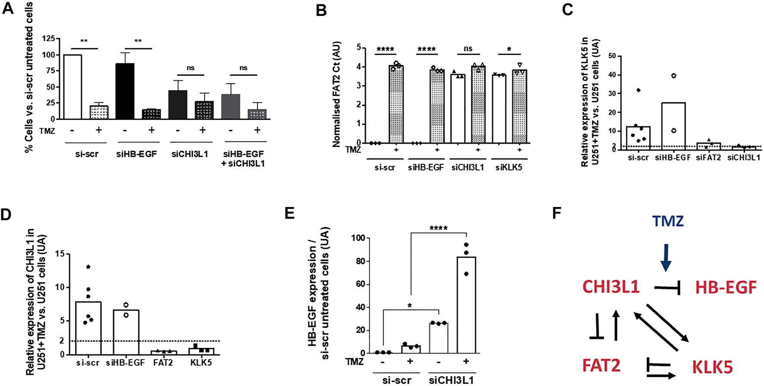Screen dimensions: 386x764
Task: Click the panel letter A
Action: (8, 8)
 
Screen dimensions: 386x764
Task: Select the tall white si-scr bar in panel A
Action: (72, 87)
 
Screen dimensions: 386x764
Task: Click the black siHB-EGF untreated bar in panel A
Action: (125, 91)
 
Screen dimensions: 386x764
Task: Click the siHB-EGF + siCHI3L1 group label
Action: (243, 158)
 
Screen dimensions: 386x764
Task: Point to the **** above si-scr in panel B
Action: (385, 49)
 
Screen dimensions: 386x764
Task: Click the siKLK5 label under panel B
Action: (508, 167)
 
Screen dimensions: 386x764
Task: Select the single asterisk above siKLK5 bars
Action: (509, 50)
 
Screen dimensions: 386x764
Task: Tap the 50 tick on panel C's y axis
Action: (612, 56)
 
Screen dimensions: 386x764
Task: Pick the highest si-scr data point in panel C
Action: (638, 90)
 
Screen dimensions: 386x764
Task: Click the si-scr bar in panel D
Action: (88, 328)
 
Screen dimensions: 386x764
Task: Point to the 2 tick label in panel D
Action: (62, 341)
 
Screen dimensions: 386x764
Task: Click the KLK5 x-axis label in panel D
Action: (201, 363)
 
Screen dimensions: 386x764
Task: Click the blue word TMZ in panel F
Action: (668, 222)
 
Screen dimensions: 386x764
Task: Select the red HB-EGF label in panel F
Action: (726, 287)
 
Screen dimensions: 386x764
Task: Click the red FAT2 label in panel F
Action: (601, 365)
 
